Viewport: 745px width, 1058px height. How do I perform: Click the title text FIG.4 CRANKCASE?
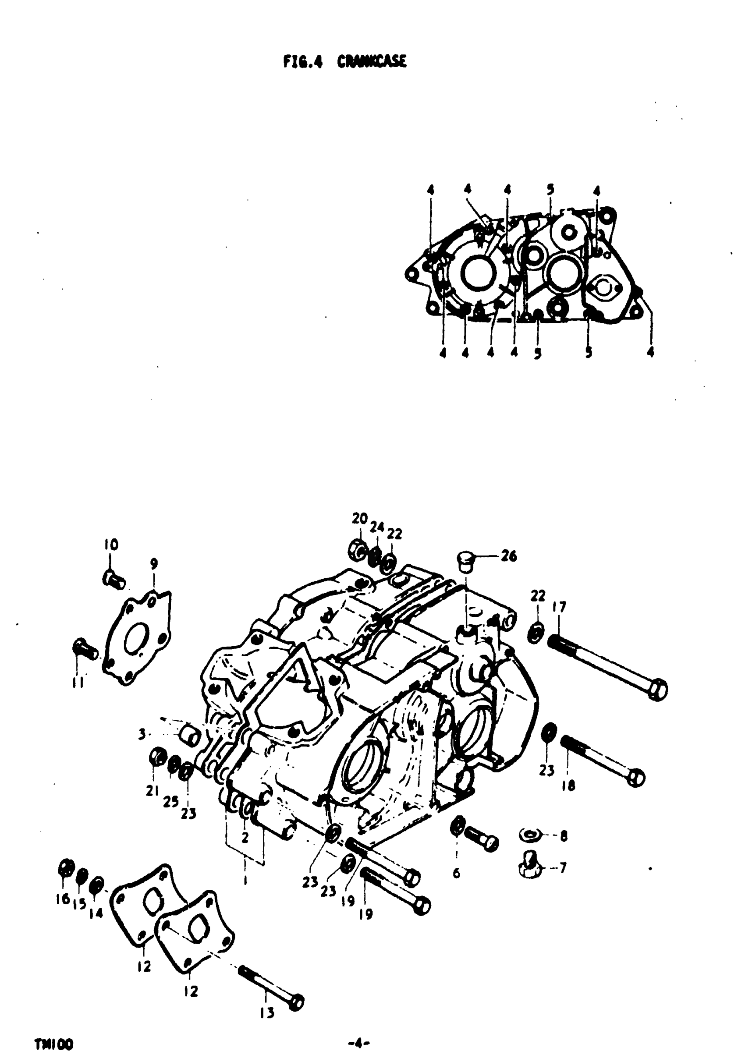click(345, 62)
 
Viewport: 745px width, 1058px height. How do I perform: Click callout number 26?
click(509, 556)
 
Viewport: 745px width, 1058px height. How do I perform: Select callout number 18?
click(568, 786)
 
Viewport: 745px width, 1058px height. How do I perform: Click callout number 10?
click(110, 545)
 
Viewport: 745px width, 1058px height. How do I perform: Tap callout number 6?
click(456, 873)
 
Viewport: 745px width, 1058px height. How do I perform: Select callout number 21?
click(152, 791)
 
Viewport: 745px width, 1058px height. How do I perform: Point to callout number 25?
click(170, 801)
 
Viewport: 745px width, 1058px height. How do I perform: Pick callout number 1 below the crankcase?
click(245, 880)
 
